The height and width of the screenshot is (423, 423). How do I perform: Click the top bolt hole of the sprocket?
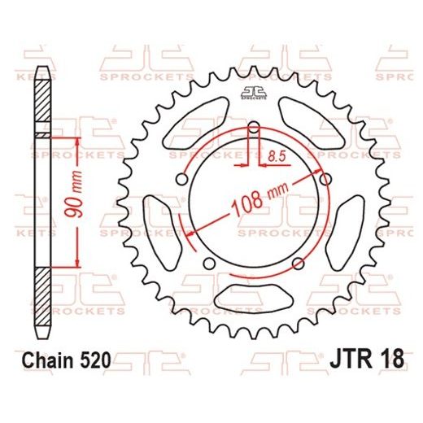(253, 128)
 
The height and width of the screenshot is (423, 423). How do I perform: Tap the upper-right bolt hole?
(326, 180)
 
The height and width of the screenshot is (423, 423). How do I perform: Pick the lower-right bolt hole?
(299, 262)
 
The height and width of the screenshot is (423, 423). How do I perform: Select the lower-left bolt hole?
(208, 263)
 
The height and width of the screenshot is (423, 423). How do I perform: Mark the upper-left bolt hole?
(181, 181)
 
